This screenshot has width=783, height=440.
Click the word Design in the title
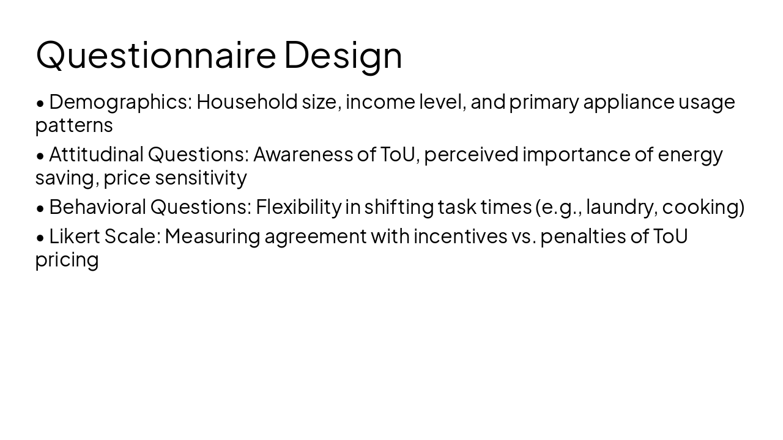(x=343, y=54)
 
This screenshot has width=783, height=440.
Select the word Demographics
(x=121, y=102)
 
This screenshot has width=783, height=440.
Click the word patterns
(x=74, y=126)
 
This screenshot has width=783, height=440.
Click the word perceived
(x=471, y=154)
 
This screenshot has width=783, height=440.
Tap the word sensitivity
(x=202, y=178)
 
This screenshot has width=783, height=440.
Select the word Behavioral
(x=97, y=207)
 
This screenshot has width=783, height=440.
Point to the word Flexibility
(x=298, y=207)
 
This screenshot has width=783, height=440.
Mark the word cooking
(x=702, y=208)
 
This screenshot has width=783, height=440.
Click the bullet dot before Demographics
(x=40, y=103)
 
